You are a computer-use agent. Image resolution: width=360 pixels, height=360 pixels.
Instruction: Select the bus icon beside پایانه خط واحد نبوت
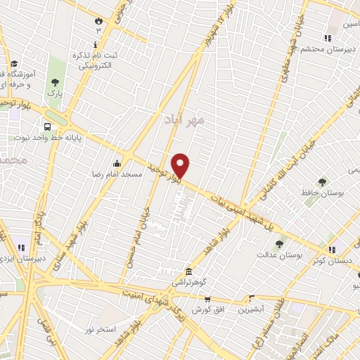[47, 127]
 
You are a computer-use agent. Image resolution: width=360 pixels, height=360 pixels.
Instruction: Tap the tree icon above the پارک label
[55, 82]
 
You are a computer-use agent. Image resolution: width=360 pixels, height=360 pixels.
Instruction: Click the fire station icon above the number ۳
[98, 20]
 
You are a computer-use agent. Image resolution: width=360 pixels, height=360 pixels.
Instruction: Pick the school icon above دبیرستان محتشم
[327, 38]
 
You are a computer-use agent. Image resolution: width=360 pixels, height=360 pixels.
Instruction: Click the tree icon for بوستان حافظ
[323, 181]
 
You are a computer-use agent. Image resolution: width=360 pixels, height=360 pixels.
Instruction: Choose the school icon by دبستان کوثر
[332, 249]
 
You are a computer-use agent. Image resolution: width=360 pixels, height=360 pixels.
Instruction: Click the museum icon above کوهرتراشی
[188, 271]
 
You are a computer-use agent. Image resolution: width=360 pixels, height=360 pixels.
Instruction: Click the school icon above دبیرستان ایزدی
[20, 247]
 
